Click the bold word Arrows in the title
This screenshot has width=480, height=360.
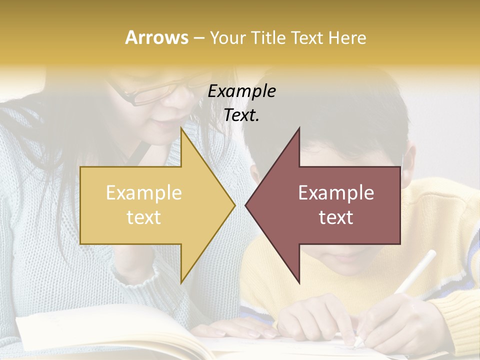[x=157, y=37]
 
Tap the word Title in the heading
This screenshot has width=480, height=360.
[x=268, y=37]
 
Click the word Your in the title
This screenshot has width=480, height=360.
[x=228, y=37]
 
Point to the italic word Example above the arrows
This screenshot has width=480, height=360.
[x=242, y=91]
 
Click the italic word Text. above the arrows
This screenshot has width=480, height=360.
[x=242, y=115]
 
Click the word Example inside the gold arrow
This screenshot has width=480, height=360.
[x=144, y=192]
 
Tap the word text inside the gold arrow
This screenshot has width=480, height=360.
[x=144, y=217]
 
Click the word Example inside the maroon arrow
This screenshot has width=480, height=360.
[x=336, y=192]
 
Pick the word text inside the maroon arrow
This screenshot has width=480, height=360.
[x=336, y=217]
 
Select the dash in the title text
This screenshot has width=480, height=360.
[x=198, y=38]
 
